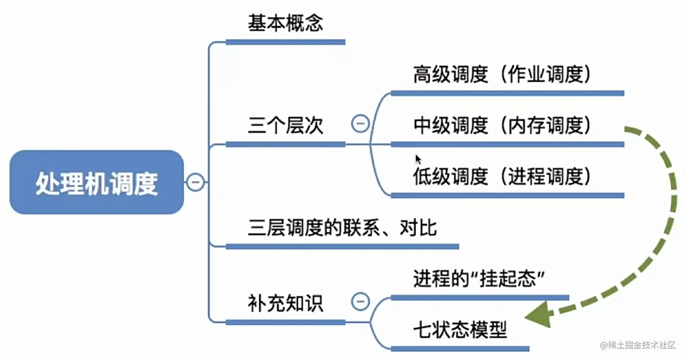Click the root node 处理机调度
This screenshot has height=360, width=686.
coord(96,183)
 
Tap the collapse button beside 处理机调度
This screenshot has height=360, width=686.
coord(195,182)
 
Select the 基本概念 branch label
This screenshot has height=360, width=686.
coord(285,23)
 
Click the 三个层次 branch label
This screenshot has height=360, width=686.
coord(285,126)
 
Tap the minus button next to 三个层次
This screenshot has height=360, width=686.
coord(360,124)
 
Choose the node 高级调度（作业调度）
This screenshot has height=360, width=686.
coord(502,75)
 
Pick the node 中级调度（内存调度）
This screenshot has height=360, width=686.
coord(502,126)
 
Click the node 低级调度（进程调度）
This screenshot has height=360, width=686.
coord(502,177)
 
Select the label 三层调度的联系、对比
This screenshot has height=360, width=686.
coord(342,228)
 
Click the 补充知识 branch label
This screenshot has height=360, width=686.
coord(285,303)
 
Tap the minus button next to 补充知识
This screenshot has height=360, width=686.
coord(360,301)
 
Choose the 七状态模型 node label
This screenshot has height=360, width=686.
coord(460,330)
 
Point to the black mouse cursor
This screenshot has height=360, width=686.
coord(418,159)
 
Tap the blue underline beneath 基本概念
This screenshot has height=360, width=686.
coord(285,42)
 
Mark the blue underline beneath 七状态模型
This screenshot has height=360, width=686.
coord(460,349)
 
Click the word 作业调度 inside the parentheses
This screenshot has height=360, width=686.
coord(544,75)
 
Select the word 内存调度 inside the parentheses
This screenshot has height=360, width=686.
coord(544,126)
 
